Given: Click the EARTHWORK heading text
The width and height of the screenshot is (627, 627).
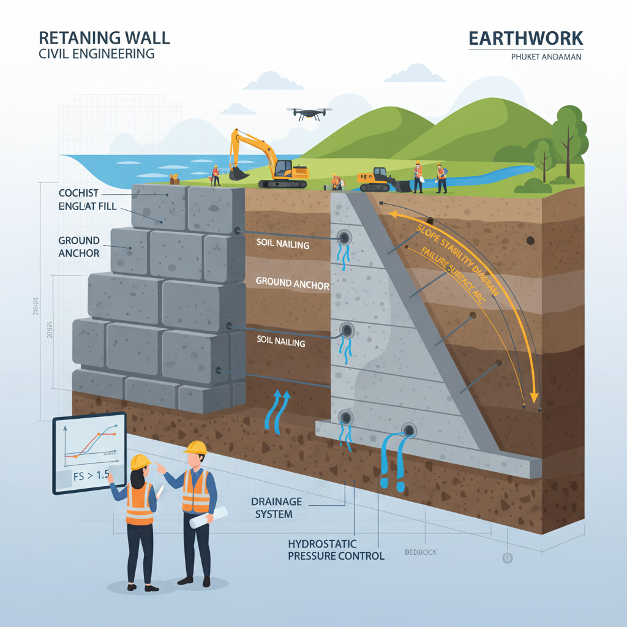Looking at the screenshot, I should [x=525, y=38].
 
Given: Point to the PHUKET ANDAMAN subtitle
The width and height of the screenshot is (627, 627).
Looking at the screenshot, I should [x=545, y=57].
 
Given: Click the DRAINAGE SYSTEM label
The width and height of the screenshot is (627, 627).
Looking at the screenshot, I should [x=276, y=508].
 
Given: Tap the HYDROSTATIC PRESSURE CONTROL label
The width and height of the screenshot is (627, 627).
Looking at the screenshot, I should [x=336, y=550].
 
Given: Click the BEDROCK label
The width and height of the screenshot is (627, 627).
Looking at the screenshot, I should [x=421, y=552].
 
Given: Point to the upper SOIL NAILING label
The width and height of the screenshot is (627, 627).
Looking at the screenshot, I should [x=283, y=245].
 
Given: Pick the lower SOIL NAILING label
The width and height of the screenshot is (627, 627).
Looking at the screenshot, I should [x=280, y=342].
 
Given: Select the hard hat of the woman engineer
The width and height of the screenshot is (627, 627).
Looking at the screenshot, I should [x=140, y=461].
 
